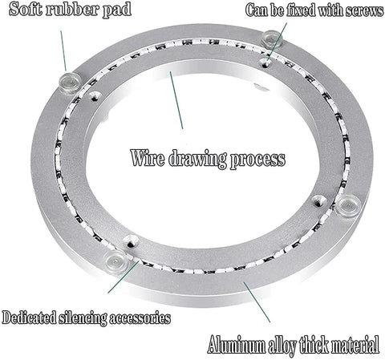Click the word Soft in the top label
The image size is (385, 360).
tap(26, 9)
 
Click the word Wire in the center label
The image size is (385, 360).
tap(148, 158)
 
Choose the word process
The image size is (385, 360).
tap(257, 160)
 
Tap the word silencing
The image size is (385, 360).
tap(83, 318)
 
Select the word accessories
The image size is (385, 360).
tap(140, 318)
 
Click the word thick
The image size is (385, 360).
tap(314, 344)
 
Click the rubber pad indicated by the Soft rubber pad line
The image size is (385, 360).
tap(70, 82)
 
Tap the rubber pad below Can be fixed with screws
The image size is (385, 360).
tap(272, 39)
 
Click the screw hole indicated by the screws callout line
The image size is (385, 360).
tap(265, 63)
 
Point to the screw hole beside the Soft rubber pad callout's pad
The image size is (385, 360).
tap(95, 95)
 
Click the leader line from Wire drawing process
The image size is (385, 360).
tap(176, 100)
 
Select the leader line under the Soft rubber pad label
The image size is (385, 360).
tap(63, 51)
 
